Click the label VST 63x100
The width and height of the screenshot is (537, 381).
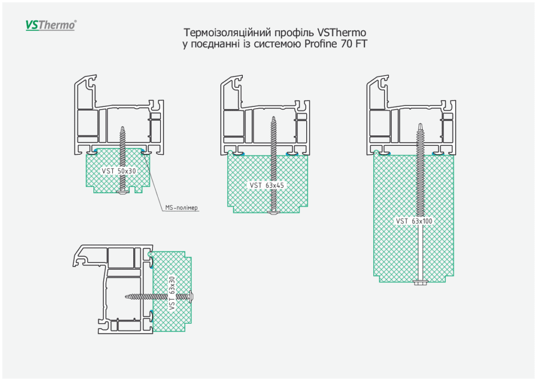point(415,221)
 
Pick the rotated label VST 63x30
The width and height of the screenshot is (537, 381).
point(171,293)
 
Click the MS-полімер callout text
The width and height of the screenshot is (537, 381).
point(182,208)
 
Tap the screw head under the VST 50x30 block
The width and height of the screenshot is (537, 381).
point(123,192)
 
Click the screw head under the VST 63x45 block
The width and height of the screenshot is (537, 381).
point(274,212)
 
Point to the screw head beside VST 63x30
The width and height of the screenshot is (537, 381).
point(192,297)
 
